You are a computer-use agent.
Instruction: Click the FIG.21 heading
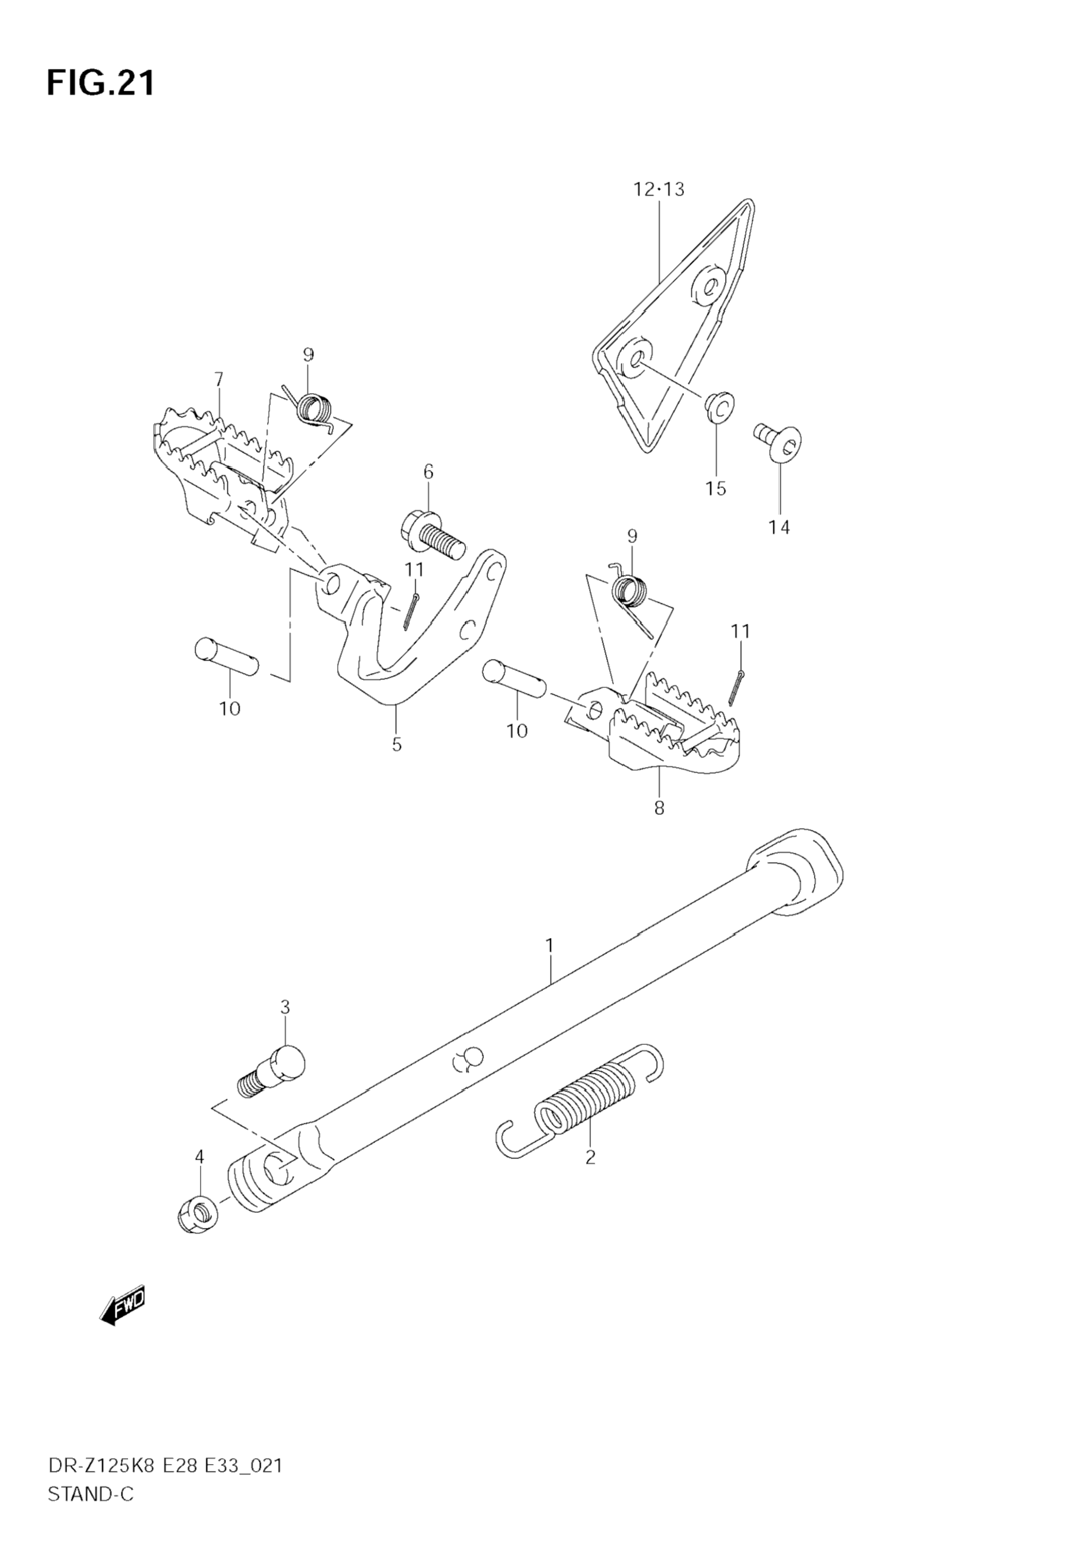point(101,84)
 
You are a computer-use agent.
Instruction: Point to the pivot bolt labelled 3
point(271,1072)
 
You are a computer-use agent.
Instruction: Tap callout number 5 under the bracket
point(397,745)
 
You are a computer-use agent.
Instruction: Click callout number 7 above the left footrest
point(218,380)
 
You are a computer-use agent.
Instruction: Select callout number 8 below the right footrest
point(659,809)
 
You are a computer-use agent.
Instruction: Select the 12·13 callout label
point(659,190)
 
